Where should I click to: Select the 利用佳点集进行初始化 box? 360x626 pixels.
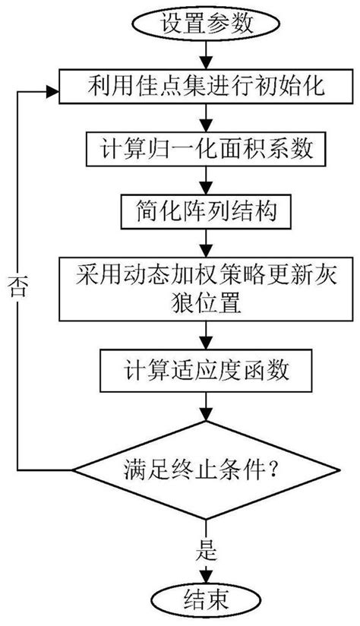pos(203,88)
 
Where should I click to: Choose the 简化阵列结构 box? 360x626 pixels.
pos(203,207)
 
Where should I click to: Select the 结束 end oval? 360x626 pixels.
pos(203,600)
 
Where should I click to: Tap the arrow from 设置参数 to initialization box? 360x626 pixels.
pos(203,56)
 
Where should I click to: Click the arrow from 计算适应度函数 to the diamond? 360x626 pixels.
pos(203,407)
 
